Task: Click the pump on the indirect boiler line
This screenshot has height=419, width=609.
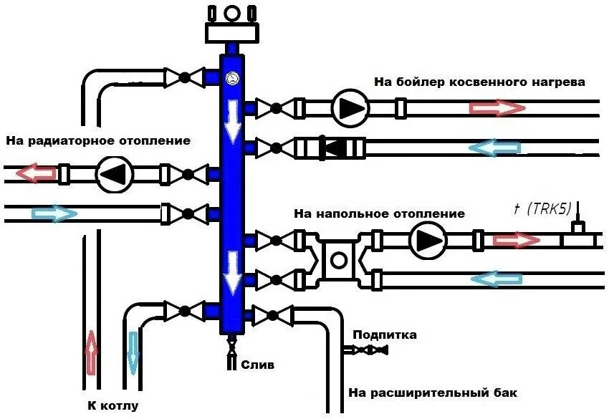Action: (x=349, y=108)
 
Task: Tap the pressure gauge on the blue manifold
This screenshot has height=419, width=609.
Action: (x=231, y=79)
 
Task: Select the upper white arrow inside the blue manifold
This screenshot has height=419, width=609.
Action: (x=231, y=122)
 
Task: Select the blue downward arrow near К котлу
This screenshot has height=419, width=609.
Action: (x=132, y=352)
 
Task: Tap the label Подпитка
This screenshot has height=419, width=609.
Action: (x=385, y=334)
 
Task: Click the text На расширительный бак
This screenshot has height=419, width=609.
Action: (x=432, y=393)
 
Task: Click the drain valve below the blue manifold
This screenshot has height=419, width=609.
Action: (x=231, y=348)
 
